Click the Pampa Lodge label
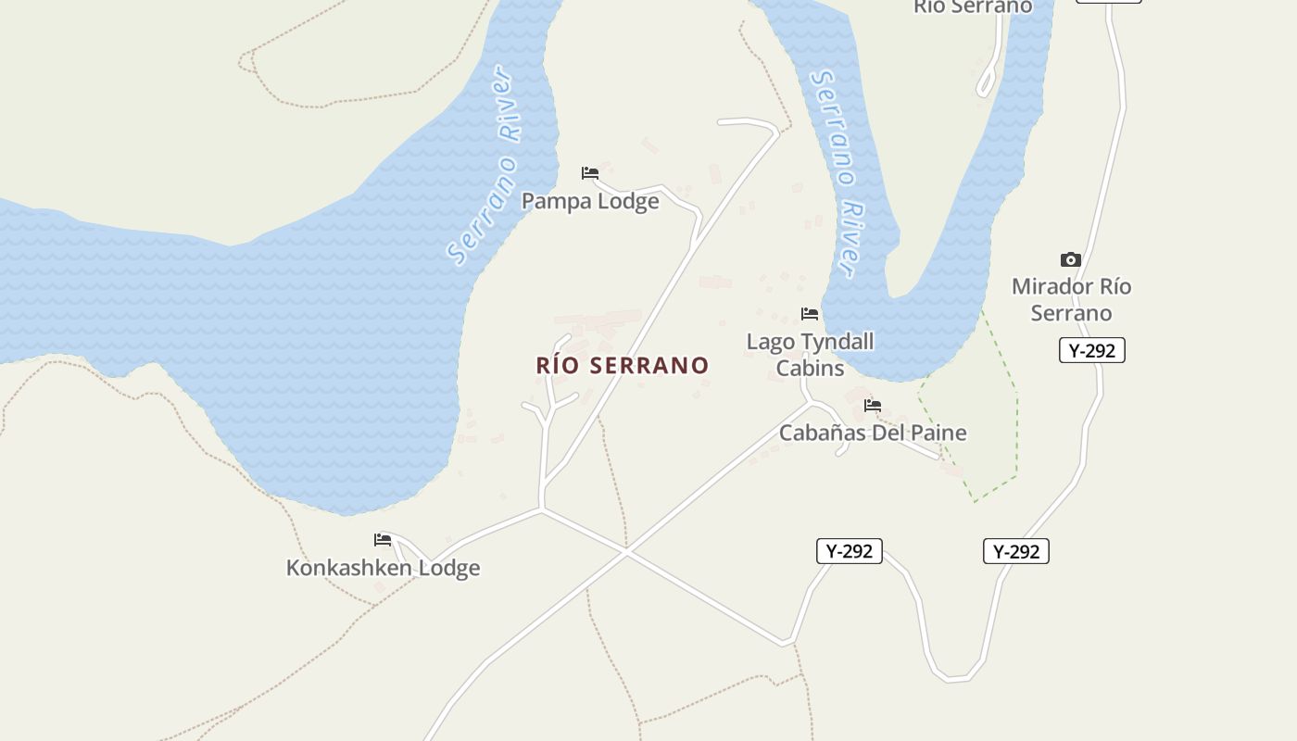coord(590,201)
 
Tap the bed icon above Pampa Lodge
coord(590,173)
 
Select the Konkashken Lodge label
coord(383,568)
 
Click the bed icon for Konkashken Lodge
coord(383,539)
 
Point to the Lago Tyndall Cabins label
coord(810,355)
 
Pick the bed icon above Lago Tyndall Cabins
coord(810,314)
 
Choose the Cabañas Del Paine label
coord(873,433)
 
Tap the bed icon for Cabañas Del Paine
coord(873,405)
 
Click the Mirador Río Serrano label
coord(1071,299)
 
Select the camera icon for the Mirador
coord(1071,259)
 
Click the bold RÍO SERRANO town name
coord(623,365)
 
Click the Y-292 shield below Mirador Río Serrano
coord(1091,350)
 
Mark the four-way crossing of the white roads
coord(627,553)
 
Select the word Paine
coord(938,433)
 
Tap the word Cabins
coord(810,368)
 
